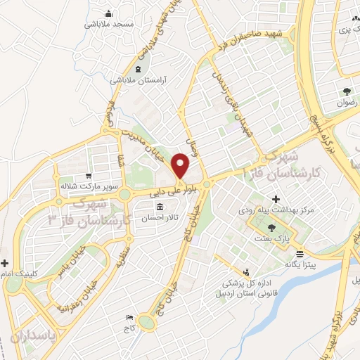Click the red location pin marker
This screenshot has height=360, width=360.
(x=181, y=167)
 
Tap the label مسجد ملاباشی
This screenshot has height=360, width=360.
(x=110, y=24)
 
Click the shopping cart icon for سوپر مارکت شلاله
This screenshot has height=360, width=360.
(x=87, y=176)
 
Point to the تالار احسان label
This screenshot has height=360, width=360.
(x=160, y=218)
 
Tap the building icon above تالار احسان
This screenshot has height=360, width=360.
(x=160, y=207)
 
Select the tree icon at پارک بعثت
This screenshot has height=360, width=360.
(x=272, y=227)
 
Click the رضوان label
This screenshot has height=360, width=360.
(x=347, y=102)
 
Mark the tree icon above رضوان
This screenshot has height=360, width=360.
(x=347, y=91)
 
